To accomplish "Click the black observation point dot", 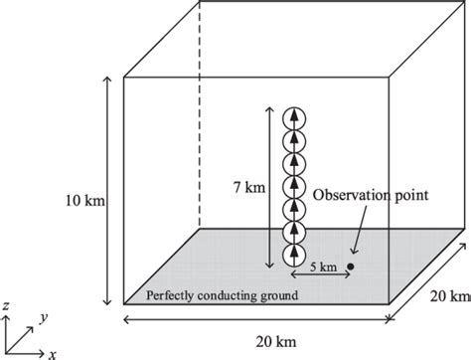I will (350, 267).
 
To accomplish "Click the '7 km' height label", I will (245, 186).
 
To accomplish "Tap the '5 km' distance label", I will (320, 267).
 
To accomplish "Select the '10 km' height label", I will (83, 200).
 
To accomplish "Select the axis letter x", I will (52, 353).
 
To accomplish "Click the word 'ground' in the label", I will (278, 295).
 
